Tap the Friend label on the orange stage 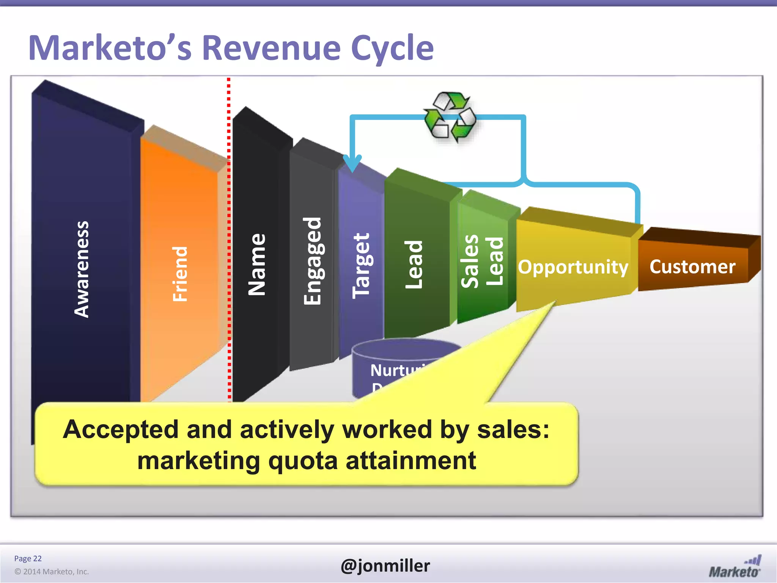pyautogui.click(x=180, y=274)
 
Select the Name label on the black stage pyautogui.click(x=257, y=264)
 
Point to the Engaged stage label pyautogui.click(x=313, y=261)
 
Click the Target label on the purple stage pyautogui.click(x=361, y=266)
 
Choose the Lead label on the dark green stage pyautogui.click(x=414, y=264)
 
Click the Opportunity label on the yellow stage pyautogui.click(x=573, y=267)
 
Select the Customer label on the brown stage pyautogui.click(x=692, y=266)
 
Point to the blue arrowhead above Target pyautogui.click(x=352, y=163)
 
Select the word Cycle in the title pyautogui.click(x=392, y=48)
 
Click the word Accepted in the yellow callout pyautogui.click(x=121, y=429)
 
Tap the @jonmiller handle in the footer pyautogui.click(x=385, y=566)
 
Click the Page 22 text pyautogui.click(x=28, y=558)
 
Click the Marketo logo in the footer pyautogui.click(x=735, y=567)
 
